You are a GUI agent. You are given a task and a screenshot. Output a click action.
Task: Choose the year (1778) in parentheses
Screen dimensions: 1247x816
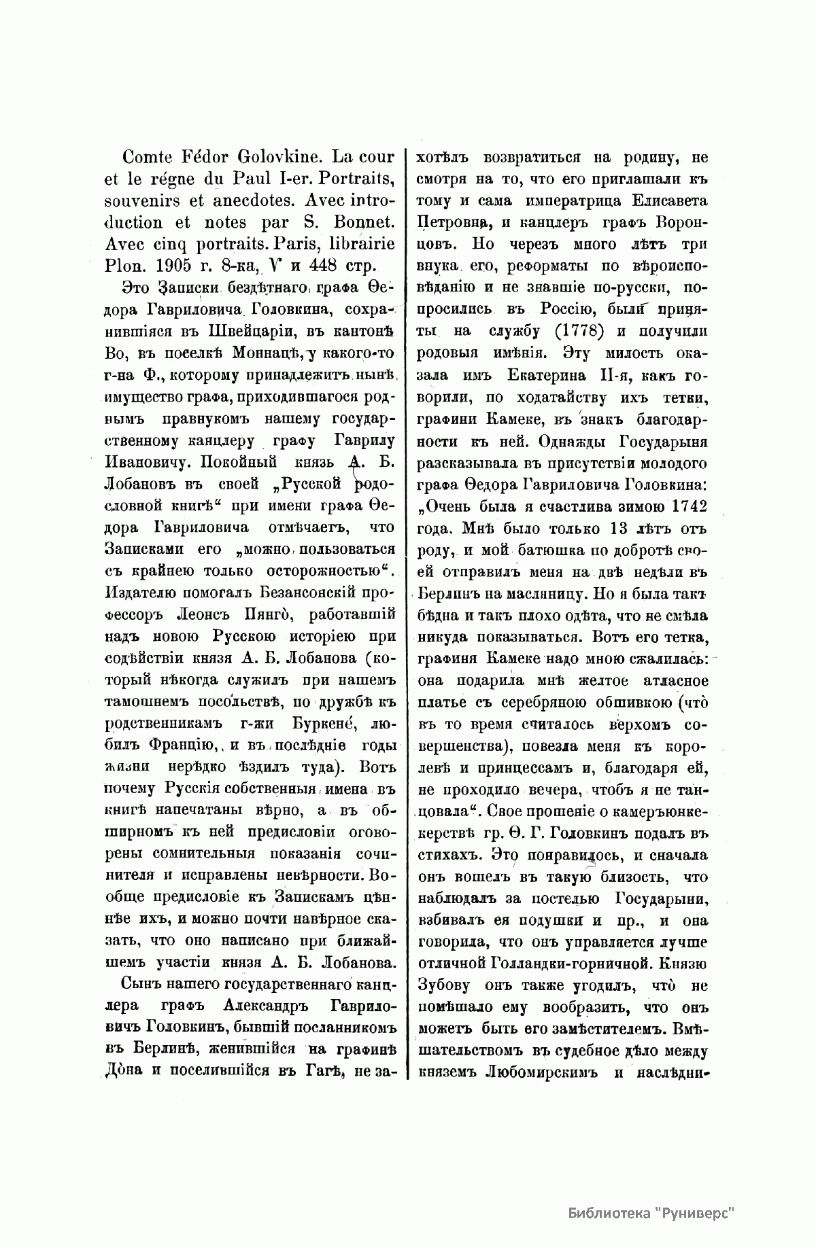[x=577, y=333]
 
